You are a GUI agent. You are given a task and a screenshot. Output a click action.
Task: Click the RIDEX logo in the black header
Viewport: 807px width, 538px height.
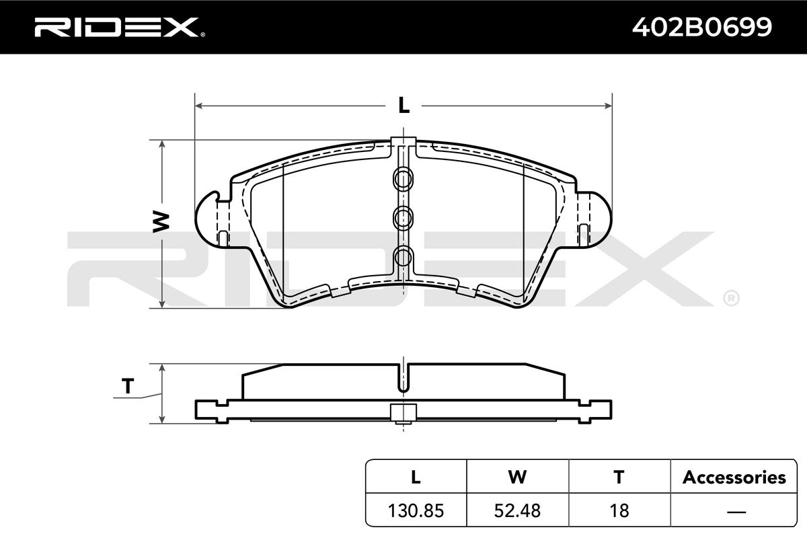pyautogui.click(x=120, y=27)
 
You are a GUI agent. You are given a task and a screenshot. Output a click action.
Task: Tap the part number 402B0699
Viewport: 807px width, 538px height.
pyautogui.click(x=702, y=27)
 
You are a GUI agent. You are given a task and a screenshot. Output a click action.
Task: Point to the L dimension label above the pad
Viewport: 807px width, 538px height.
pyautogui.click(x=404, y=106)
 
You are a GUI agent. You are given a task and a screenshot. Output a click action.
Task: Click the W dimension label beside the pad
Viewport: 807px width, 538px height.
pyautogui.click(x=161, y=222)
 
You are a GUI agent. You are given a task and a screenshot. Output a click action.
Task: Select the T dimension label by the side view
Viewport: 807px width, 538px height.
pyautogui.click(x=128, y=386)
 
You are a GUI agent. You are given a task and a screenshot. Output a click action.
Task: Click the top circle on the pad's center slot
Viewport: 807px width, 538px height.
pyautogui.click(x=403, y=179)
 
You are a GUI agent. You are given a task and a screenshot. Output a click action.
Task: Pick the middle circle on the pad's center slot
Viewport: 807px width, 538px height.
pyautogui.click(x=403, y=218)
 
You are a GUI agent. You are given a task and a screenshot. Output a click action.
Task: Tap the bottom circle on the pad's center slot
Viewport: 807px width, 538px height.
pyautogui.click(x=403, y=257)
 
